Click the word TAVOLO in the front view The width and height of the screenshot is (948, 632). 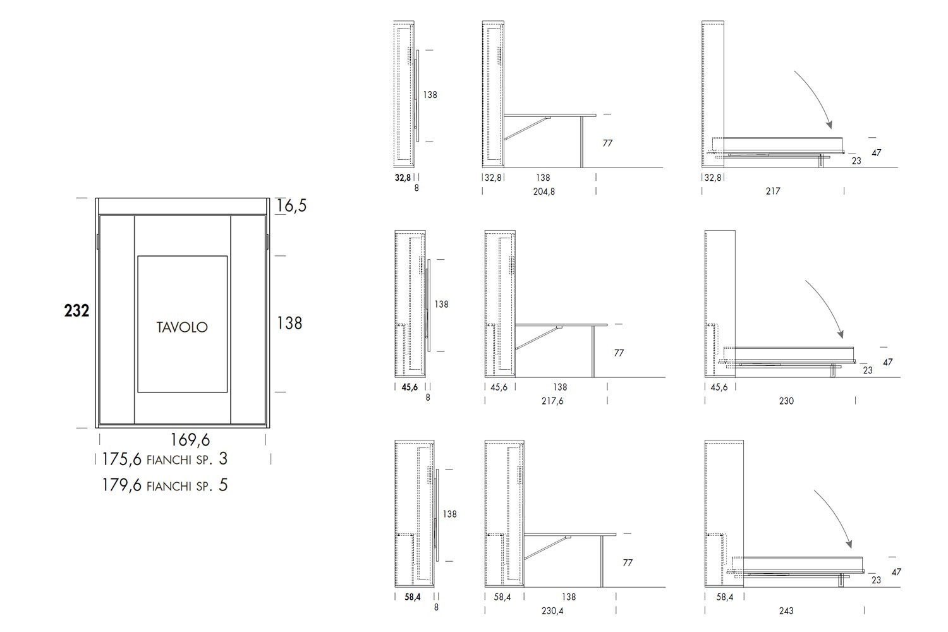point(182,327)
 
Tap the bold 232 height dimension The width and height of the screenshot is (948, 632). point(76,311)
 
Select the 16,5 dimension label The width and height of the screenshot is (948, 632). point(291,206)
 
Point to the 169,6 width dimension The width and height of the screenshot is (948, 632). point(190,441)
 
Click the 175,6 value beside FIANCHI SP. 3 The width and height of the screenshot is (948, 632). point(122,459)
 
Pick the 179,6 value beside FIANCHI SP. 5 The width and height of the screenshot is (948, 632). point(122,485)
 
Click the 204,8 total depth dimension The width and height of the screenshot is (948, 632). point(544,191)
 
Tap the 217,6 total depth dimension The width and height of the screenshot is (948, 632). point(552,401)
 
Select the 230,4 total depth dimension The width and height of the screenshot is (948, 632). point(552,611)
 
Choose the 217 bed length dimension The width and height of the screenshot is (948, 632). point(773,191)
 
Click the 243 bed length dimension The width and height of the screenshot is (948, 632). point(786,611)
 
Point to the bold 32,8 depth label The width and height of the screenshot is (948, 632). point(403,178)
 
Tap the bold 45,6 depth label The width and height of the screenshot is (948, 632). point(410,387)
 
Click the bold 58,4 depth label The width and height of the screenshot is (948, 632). point(413,597)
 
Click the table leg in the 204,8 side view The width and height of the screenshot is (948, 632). point(582,142)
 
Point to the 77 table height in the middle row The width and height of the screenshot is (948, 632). point(619,353)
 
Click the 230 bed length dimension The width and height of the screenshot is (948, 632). point(786,401)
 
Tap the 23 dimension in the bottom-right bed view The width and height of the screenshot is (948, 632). point(876,580)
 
